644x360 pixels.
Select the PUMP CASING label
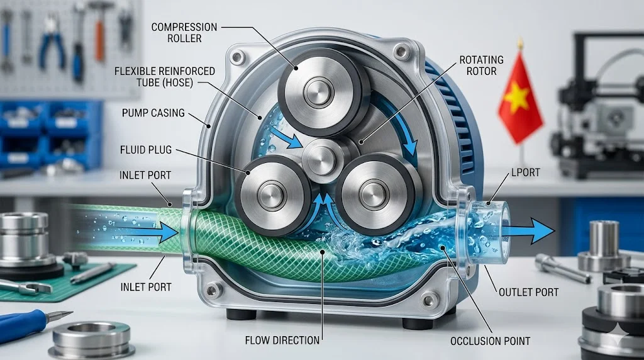[153, 113]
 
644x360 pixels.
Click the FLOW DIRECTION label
[282, 340]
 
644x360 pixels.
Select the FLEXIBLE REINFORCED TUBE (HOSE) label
[165, 76]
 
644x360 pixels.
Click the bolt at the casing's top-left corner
[238, 59]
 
